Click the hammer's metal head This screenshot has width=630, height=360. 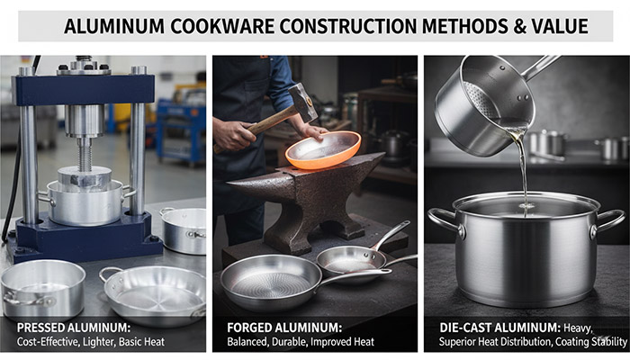click(303, 102)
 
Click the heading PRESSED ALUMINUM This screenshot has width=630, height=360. click(74, 328)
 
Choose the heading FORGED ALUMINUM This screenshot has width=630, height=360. click(284, 328)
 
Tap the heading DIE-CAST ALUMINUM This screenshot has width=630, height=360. click(499, 328)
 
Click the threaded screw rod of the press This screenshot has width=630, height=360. click(84, 154)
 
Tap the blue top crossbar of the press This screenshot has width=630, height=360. click(83, 89)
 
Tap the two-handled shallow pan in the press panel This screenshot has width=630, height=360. click(154, 293)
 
